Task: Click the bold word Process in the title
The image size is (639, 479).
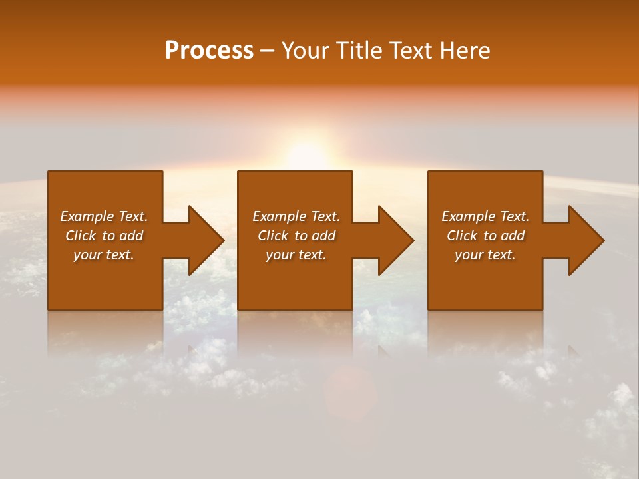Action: click(209, 51)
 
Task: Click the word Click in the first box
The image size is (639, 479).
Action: click(81, 236)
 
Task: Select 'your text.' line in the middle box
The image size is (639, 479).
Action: click(296, 255)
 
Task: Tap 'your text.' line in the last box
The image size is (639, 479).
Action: click(485, 255)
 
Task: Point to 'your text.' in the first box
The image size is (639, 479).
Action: click(103, 255)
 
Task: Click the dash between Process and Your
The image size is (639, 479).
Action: click(267, 51)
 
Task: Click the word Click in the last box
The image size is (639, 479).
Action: click(462, 236)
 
